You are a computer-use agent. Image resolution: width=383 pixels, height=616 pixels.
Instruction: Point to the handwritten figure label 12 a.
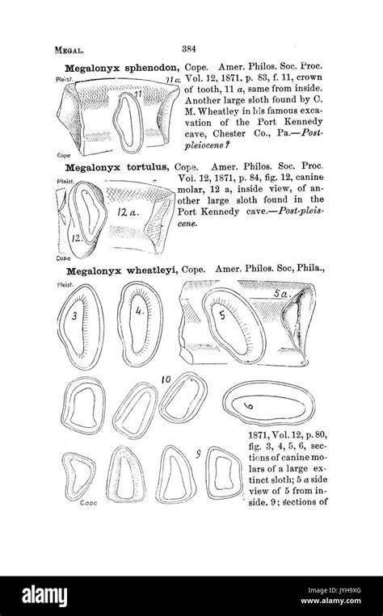coord(128,212)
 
